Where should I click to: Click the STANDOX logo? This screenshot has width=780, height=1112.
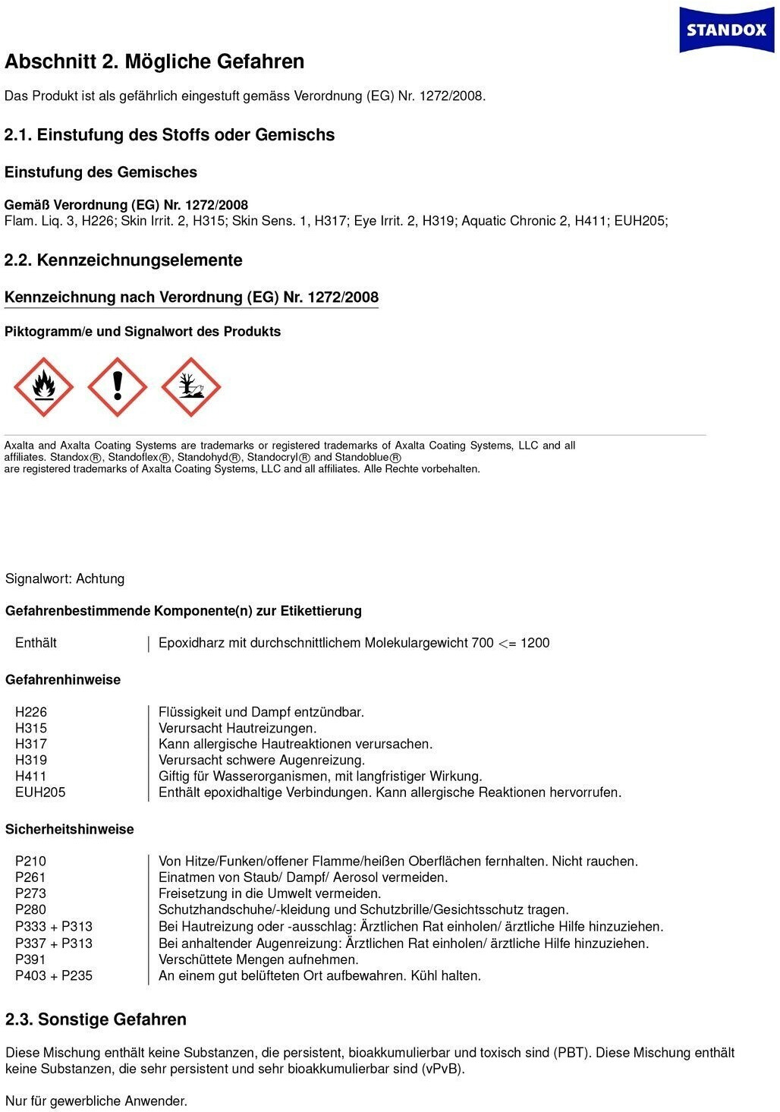pos(726,30)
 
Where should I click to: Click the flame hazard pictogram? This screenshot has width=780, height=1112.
pos(44,387)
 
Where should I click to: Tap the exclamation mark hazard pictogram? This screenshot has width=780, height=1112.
pos(118,387)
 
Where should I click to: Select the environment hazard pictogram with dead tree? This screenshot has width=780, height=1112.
pos(191,387)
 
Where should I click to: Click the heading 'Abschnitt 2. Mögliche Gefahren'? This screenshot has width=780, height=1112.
pos(155,61)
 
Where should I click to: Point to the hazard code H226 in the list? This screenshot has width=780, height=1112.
pos(31,712)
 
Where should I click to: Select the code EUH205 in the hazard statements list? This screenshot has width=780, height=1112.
pos(40,792)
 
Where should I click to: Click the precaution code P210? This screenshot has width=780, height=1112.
pos(30,862)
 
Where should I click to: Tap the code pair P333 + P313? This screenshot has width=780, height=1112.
pos(54,927)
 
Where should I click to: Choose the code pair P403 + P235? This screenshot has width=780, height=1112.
pos(54,976)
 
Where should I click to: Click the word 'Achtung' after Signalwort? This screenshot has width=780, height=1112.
pos(100,579)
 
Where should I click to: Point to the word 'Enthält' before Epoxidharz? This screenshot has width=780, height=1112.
pos(36,643)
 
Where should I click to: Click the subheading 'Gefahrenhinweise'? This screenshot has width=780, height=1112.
pos(63,680)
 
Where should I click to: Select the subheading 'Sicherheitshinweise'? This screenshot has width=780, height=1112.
pos(70,830)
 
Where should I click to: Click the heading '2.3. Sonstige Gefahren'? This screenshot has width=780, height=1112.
pos(96,1019)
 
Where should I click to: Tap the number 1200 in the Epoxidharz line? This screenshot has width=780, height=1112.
pos(535,643)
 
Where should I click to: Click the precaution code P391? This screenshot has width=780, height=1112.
pos(30,959)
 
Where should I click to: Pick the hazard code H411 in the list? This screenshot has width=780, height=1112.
pos(31,777)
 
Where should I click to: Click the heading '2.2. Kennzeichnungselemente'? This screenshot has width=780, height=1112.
pos(124,260)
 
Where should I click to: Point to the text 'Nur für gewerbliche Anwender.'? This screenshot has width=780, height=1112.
pos(96,1101)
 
